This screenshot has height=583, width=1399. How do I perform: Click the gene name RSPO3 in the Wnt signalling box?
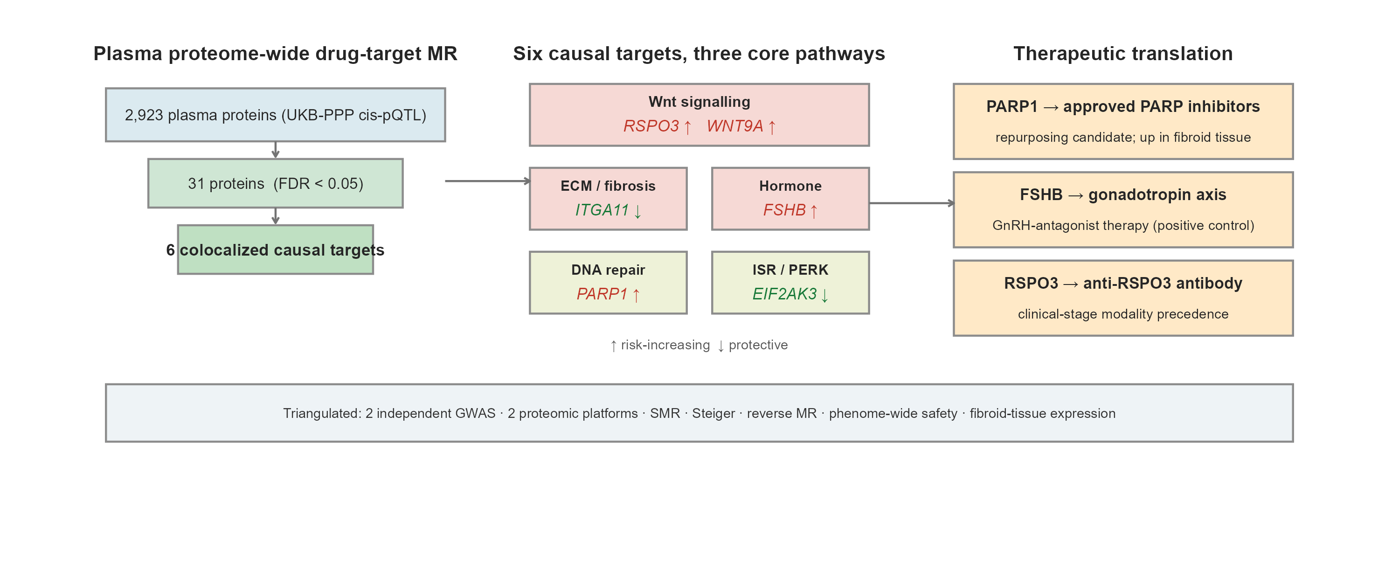(651, 126)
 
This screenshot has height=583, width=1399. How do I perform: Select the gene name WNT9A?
(735, 126)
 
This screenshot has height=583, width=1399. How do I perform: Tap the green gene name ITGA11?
(602, 210)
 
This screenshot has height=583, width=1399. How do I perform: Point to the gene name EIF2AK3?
(784, 294)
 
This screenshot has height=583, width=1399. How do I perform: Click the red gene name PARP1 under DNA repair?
(602, 294)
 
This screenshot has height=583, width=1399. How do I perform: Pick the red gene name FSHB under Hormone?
(784, 210)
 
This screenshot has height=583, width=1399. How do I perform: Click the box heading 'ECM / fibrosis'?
(608, 186)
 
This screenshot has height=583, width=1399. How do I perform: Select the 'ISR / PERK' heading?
(790, 270)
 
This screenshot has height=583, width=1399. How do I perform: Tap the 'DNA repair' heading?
(608, 270)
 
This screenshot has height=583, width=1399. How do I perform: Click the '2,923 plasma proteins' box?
(275, 115)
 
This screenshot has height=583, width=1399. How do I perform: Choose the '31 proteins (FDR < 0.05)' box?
(275, 183)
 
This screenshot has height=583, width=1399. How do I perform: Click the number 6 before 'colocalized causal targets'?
(170, 250)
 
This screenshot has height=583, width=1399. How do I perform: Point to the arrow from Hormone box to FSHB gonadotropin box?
(911, 203)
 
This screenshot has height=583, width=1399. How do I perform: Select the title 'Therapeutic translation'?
(1122, 54)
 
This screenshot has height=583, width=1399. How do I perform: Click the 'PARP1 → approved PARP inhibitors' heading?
(1122, 106)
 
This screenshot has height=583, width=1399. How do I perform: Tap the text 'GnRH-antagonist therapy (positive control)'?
(1122, 225)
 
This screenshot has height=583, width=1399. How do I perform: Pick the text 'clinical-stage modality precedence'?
(1122, 314)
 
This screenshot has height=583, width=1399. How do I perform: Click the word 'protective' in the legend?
(758, 345)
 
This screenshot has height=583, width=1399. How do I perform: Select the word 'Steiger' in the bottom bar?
(713, 414)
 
